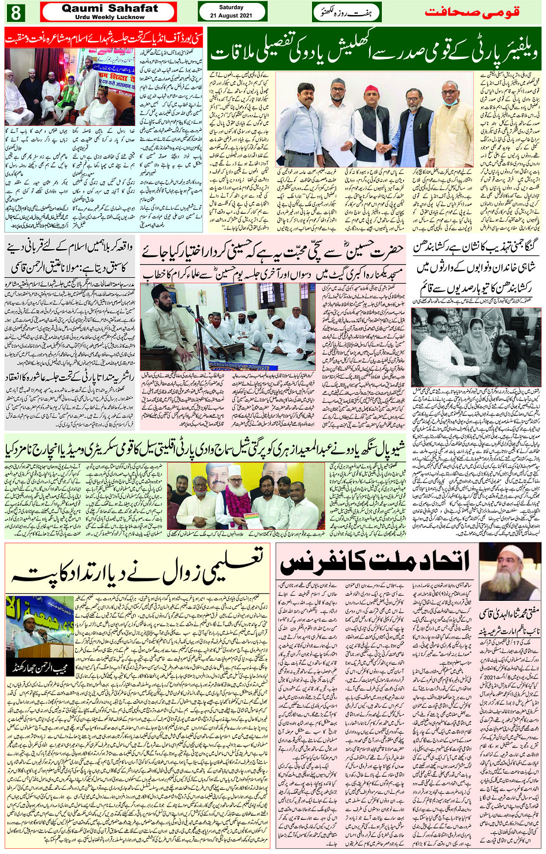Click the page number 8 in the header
16,12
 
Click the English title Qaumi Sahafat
110,8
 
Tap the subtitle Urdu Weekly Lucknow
110,17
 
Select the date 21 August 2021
231,16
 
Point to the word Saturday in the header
231,8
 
